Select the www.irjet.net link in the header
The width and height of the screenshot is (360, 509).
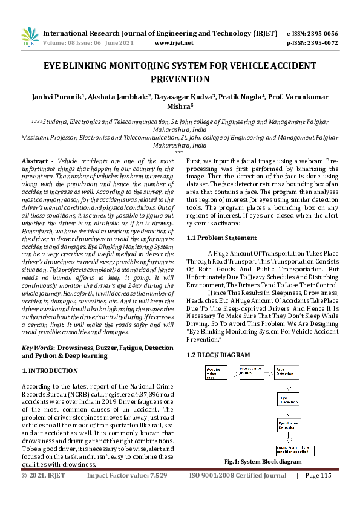[x=174, y=43]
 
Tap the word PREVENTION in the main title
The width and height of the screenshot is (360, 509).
[x=180, y=79]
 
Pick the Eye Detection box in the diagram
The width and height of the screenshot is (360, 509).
[x=289, y=399]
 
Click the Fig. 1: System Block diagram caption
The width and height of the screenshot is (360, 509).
[x=263, y=462]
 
